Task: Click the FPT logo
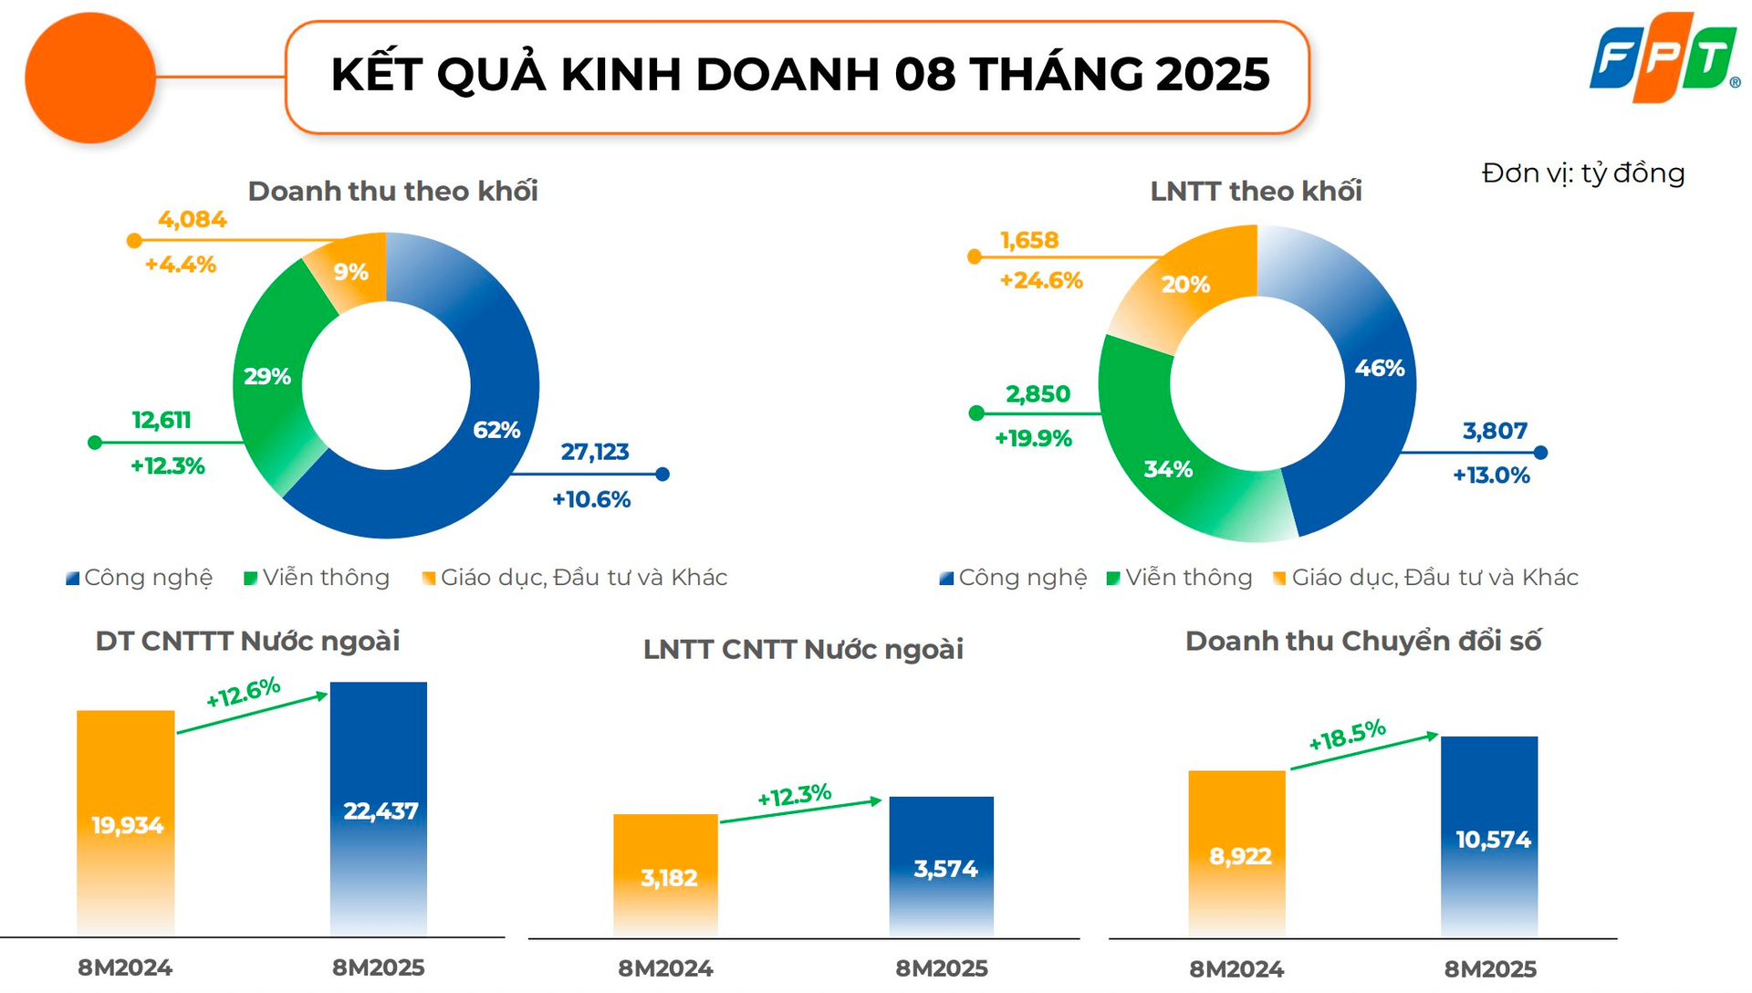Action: click(x=1663, y=58)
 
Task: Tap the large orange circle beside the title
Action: click(x=90, y=78)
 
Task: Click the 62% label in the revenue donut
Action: click(x=496, y=430)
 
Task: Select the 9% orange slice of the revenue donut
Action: click(x=349, y=271)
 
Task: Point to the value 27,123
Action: click(x=595, y=452)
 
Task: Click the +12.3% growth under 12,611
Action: click(x=167, y=466)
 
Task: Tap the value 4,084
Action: click(x=192, y=220)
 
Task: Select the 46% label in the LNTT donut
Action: click(x=1379, y=368)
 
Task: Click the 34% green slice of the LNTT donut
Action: click(x=1169, y=469)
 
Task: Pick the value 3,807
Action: click(x=1495, y=431)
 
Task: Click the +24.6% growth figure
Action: click(x=1041, y=280)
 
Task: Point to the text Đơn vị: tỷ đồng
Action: click(x=1583, y=172)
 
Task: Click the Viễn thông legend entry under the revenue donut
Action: click(x=317, y=578)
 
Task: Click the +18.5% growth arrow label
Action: click(x=1347, y=735)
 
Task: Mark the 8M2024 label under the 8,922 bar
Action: click(x=1236, y=968)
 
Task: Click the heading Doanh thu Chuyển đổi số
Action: click(x=1362, y=641)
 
